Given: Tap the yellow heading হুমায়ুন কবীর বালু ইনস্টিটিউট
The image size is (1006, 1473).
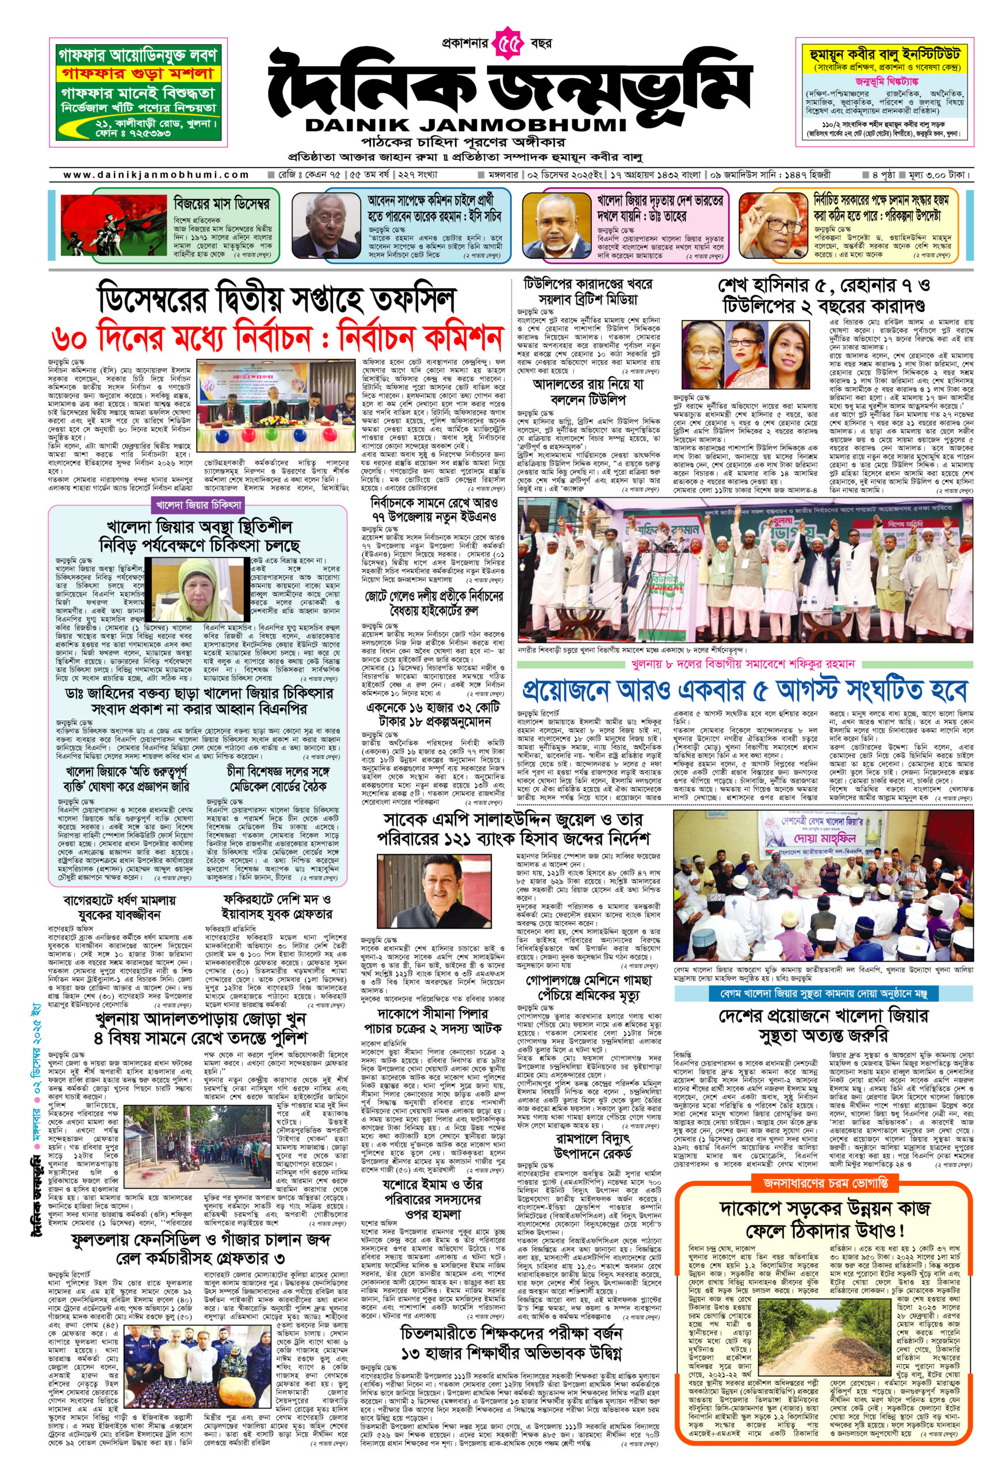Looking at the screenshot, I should click(880, 55).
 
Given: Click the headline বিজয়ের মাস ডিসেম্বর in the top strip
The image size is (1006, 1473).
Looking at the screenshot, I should click(221, 204).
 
